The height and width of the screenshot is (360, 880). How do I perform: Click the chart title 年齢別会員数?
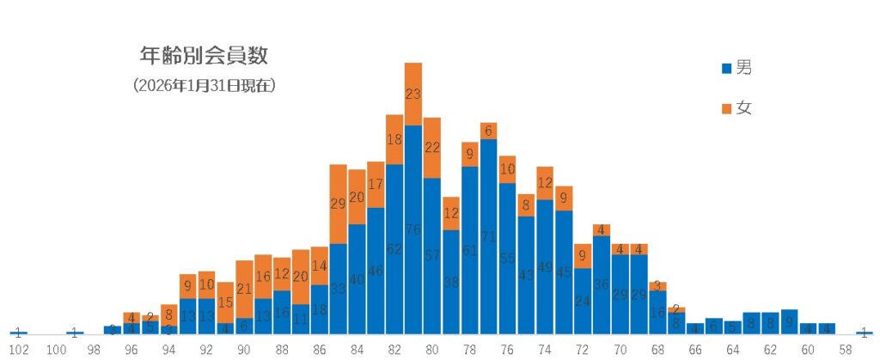tap(205, 57)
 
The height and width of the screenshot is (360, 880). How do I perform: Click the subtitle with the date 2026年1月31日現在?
tap(205, 86)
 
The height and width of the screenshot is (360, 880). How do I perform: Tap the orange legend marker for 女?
tap(727, 109)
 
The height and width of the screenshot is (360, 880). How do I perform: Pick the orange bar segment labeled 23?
tap(413, 95)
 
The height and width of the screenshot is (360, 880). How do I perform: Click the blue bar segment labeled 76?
tap(413, 229)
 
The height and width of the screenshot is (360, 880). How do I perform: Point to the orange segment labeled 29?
tap(339, 204)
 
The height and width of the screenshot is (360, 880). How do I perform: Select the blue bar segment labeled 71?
tap(489, 236)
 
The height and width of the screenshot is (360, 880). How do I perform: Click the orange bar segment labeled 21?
tap(244, 289)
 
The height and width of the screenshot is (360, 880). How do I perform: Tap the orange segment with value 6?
tap(489, 131)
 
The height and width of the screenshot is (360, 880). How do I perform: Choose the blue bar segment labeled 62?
tap(394, 249)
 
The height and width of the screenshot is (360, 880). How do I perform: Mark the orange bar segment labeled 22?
tap(432, 148)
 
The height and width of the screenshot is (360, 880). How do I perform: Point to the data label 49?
tap(545, 266)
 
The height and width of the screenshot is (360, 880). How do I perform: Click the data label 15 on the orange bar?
tap(225, 302)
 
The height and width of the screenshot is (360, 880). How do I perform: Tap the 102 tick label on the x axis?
tap(19, 350)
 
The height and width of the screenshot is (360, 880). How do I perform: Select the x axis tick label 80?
tap(432, 350)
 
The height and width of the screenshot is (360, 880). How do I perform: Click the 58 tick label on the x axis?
tap(846, 350)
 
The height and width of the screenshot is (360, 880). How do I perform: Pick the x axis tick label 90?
tap(244, 350)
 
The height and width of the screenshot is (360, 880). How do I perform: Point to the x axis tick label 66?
tap(695, 350)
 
